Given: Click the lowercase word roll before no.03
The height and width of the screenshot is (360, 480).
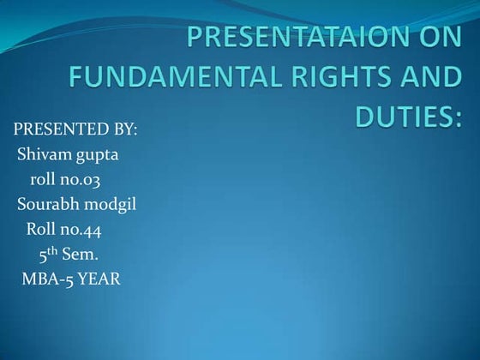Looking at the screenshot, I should (x=44, y=180).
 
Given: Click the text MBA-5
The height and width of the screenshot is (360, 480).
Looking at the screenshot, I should (x=48, y=279).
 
